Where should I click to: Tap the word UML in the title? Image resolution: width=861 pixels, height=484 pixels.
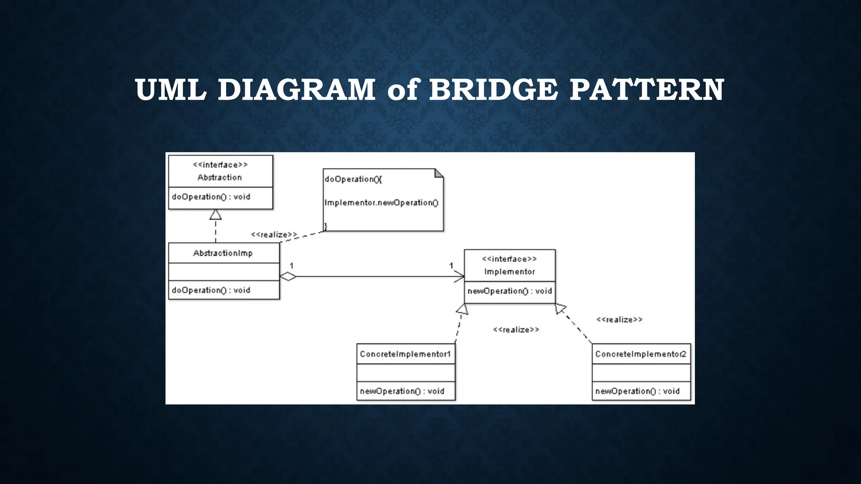click(171, 89)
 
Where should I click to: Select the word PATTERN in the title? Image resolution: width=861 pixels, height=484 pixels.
click(647, 89)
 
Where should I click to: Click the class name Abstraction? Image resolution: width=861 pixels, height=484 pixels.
click(219, 177)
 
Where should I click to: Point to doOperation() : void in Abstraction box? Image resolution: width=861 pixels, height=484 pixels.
click(211, 197)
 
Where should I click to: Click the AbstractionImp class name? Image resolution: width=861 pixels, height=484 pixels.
click(223, 253)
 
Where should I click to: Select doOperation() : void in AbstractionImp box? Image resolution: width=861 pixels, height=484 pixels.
click(211, 290)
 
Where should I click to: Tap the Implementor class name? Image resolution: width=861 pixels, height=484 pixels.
click(510, 271)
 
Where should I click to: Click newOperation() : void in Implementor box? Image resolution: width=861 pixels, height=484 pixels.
click(510, 291)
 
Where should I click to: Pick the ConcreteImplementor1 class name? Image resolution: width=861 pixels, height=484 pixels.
click(405, 354)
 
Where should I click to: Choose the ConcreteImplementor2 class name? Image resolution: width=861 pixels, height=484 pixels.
click(641, 354)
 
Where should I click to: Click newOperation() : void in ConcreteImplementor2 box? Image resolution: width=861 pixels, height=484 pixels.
click(637, 391)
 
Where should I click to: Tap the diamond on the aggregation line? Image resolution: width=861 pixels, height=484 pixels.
click(288, 276)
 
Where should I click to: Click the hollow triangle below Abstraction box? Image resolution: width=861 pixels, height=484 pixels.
click(216, 215)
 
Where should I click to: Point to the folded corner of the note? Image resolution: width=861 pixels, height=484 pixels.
click(439, 173)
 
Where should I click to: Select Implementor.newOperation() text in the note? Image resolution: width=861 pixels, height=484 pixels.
click(381, 203)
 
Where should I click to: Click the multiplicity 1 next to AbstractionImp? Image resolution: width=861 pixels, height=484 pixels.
click(291, 266)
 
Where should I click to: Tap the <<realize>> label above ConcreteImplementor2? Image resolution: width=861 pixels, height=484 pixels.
click(619, 320)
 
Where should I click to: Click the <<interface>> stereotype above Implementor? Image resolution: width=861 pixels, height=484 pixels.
click(510, 259)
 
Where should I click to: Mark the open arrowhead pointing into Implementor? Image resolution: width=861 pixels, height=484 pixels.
click(460, 276)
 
